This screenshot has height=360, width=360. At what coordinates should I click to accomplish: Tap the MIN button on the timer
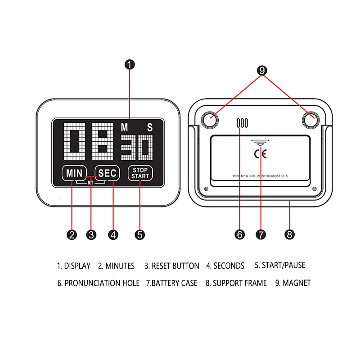click(x=74, y=173)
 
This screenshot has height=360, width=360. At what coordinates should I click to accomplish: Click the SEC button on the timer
click(x=107, y=173)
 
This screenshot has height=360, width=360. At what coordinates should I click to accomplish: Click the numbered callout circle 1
click(x=130, y=64)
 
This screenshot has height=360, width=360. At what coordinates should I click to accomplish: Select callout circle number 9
click(x=262, y=71)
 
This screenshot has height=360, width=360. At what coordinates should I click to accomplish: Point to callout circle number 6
click(x=240, y=234)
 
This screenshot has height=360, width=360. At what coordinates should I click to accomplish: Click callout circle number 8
click(x=289, y=234)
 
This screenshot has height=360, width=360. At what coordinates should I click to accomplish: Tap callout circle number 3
click(x=91, y=235)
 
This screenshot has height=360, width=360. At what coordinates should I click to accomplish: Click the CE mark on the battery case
click(x=261, y=154)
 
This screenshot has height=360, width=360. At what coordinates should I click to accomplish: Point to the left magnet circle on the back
click(x=210, y=120)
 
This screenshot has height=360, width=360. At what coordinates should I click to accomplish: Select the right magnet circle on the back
click(x=311, y=120)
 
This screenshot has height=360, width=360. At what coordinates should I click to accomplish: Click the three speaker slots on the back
click(x=242, y=123)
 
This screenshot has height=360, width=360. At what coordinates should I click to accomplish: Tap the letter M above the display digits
click(x=124, y=127)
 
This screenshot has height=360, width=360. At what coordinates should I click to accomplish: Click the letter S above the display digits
click(x=150, y=127)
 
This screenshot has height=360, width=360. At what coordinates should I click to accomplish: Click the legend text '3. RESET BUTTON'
click(x=172, y=266)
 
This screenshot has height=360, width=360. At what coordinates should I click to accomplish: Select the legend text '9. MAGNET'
click(x=293, y=283)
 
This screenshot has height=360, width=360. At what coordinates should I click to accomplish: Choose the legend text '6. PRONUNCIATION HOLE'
click(x=99, y=283)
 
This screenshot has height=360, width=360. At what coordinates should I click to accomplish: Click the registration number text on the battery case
click(x=260, y=176)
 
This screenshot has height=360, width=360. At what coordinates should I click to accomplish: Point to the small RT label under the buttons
click(x=90, y=183)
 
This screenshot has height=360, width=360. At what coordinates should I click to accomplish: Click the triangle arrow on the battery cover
click(x=260, y=143)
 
